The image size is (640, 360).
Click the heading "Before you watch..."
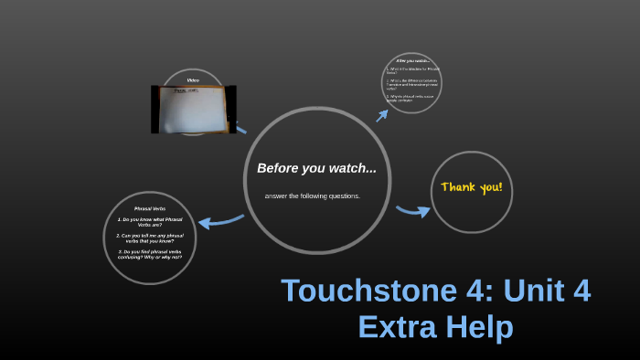coord(316,168)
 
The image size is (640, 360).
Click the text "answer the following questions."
coord(313,196)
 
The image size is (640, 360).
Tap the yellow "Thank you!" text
coord(471,187)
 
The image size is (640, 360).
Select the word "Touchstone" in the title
coord(355,291)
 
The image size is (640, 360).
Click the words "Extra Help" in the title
coord(435,326)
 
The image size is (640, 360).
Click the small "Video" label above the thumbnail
coord(194,80)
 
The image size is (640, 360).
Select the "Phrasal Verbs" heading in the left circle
coord(150,208)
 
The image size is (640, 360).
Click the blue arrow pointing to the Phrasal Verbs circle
coord(220,220)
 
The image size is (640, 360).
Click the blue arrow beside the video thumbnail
coord(241,129)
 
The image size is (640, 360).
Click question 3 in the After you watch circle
coord(411,98)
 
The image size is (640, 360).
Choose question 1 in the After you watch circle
coord(409,69)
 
